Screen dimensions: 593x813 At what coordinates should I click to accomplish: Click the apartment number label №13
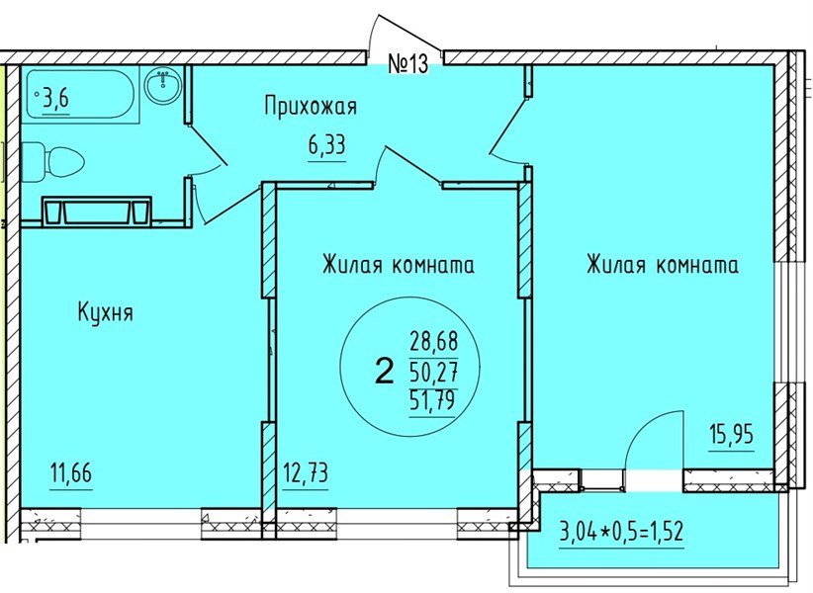(406, 64)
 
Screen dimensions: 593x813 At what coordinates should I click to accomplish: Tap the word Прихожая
(310, 107)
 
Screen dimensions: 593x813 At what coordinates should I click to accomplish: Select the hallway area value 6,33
(326, 146)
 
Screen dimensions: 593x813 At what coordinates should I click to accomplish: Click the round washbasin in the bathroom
(160, 86)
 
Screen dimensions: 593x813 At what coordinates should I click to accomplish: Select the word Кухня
(105, 313)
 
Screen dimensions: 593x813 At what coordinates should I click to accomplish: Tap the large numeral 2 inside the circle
(383, 372)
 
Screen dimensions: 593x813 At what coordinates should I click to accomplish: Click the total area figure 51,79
(432, 401)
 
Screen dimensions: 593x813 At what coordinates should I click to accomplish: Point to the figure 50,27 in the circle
(432, 373)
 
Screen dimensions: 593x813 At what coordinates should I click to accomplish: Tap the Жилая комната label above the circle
(398, 265)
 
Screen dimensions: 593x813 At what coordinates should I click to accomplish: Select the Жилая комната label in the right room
(662, 265)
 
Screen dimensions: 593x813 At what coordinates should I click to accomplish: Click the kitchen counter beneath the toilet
(96, 211)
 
